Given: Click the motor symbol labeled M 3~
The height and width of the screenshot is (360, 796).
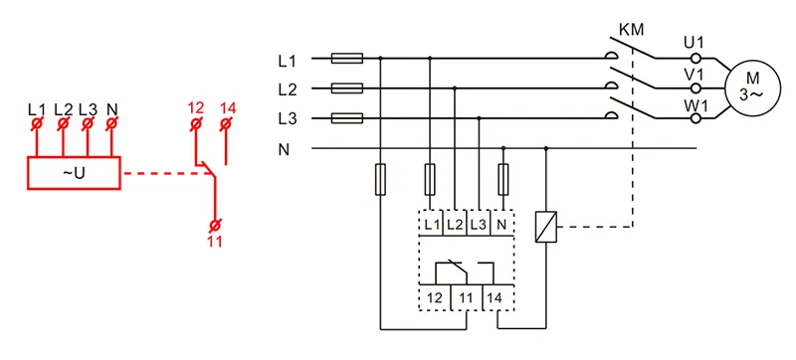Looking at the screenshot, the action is [751, 88].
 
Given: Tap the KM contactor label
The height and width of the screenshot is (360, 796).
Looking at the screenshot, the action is [631, 30].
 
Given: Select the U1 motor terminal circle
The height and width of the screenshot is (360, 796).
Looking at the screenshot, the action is [696, 58].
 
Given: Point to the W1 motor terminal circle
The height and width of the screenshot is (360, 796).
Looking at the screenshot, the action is [696, 118].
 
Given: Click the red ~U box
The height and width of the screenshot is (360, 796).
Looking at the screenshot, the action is [74, 173].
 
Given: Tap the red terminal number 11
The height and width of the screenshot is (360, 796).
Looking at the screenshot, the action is [215, 241].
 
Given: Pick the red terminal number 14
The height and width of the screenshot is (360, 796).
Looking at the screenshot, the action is [228, 108].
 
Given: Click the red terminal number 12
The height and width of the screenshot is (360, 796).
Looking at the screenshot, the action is [195, 108].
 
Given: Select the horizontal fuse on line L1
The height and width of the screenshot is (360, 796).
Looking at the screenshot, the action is [347, 59].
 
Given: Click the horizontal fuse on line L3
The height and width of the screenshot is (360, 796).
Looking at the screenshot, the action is [347, 118].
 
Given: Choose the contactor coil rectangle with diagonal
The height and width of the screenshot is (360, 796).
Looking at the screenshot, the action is [546, 226].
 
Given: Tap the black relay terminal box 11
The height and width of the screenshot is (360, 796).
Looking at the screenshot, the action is [466, 298].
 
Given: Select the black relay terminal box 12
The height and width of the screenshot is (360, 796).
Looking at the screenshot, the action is [435, 298].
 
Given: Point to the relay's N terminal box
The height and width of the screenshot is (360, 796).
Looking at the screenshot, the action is [502, 223].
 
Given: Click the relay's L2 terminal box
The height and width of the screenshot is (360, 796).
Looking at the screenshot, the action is [455, 223].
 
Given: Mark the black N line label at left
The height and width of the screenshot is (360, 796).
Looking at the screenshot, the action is [283, 150].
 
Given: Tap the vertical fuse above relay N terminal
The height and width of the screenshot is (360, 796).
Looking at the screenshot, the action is [503, 179].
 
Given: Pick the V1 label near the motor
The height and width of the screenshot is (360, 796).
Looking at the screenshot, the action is [694, 75].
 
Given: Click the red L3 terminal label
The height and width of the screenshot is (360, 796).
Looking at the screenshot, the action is [88, 108].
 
